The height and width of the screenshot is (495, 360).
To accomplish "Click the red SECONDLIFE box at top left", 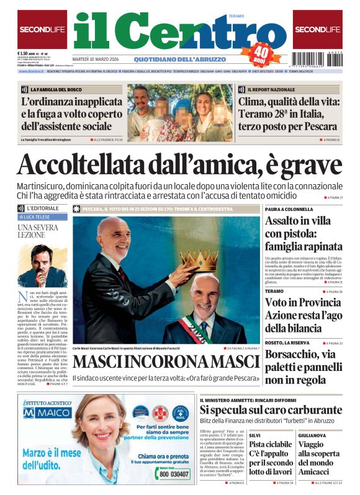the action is point(42,29).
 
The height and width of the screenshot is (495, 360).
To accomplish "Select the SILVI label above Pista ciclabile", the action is point(255,436).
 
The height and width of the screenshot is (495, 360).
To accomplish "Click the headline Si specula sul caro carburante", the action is point(271,410).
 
